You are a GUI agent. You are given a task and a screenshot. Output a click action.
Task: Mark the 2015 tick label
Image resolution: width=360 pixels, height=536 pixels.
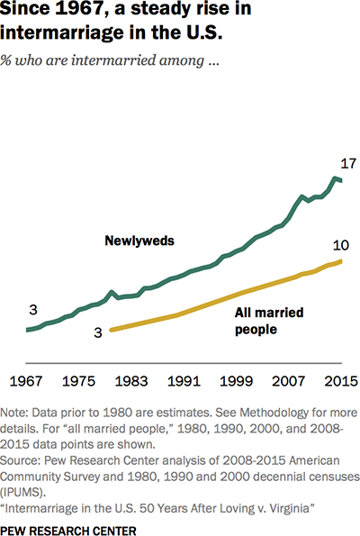pyautogui.click(x=341, y=380)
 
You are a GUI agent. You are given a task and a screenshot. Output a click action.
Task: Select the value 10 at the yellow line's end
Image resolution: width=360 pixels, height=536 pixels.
pyautogui.click(x=339, y=245)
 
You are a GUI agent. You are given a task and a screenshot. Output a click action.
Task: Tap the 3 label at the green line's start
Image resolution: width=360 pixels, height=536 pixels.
pyautogui.click(x=32, y=311)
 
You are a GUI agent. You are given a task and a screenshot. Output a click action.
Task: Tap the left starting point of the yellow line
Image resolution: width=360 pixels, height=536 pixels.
pyautogui.click(x=111, y=330)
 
